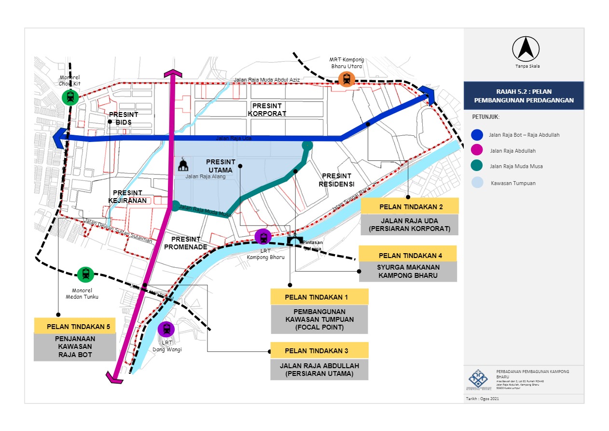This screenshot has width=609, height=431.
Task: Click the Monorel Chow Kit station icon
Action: pos(70,98)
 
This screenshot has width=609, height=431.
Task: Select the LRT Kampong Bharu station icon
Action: pos(263,237)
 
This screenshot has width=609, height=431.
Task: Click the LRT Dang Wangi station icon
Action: pos(166,329)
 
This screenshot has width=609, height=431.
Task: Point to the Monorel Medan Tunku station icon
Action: pos(85,274)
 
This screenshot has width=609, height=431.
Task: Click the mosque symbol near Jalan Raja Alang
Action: pos(183,165)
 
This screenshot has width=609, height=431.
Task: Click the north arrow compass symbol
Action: pos(526,48)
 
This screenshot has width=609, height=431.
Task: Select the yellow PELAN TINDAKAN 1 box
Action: pos(319,297)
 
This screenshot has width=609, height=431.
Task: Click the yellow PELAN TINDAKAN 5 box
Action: pos(75,326)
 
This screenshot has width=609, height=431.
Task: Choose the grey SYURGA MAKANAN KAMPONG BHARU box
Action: pos(407,272)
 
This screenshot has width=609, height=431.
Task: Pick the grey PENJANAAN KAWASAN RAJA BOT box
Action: pos(75,347)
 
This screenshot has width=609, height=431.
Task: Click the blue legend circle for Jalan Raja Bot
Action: pos(478,135)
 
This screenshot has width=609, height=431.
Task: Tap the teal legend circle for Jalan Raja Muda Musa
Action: pos(478,166)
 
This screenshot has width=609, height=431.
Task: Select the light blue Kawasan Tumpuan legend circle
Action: pos(478,183)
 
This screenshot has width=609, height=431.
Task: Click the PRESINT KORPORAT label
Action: pos(266,110)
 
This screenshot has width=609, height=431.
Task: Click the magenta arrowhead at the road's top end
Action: pos(173,73)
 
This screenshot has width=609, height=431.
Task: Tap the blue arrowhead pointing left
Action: pos(60,138)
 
